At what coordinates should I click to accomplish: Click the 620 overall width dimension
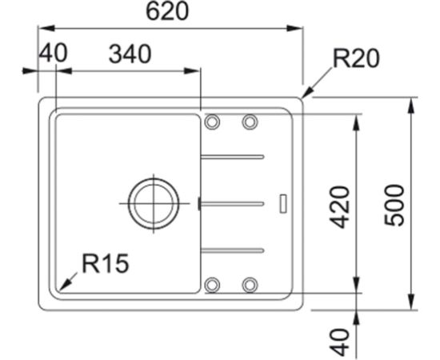[168, 12]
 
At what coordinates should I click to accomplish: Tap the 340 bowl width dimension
[130, 54]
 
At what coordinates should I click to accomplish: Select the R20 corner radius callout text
[356, 58]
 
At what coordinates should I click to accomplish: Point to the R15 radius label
[106, 263]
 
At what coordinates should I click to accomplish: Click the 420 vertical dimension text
[340, 207]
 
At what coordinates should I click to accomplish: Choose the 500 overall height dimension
[394, 205]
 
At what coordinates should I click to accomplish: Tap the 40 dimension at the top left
[54, 53]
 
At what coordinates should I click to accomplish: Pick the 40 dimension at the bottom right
[340, 342]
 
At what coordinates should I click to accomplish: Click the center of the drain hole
[154, 203]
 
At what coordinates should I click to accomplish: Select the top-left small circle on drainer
[212, 122]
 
